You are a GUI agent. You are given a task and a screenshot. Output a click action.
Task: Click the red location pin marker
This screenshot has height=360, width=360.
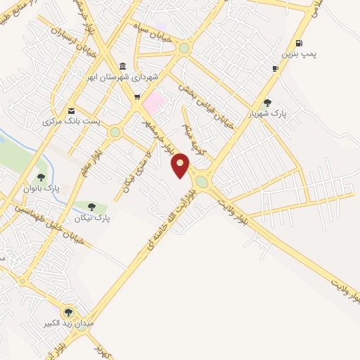coord(181,166)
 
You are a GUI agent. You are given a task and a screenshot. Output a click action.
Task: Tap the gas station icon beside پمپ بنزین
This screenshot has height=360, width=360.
coord(300,43)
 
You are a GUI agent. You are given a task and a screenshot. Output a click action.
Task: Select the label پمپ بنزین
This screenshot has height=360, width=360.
coord(295,54)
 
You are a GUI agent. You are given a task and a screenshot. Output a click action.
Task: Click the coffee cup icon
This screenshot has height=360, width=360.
coord(275,68)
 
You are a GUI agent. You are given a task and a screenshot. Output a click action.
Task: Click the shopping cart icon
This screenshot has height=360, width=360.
coord(137,98)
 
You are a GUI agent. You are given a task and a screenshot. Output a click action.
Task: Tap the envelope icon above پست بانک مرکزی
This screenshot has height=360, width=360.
coord(71,111)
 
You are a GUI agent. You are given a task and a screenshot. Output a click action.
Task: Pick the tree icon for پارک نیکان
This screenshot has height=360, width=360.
coord(91,206)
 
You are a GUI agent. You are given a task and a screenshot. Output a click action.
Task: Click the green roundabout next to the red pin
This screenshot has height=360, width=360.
coord(202,181)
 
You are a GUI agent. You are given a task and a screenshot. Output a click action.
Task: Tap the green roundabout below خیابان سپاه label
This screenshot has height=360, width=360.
coord(184,49)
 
